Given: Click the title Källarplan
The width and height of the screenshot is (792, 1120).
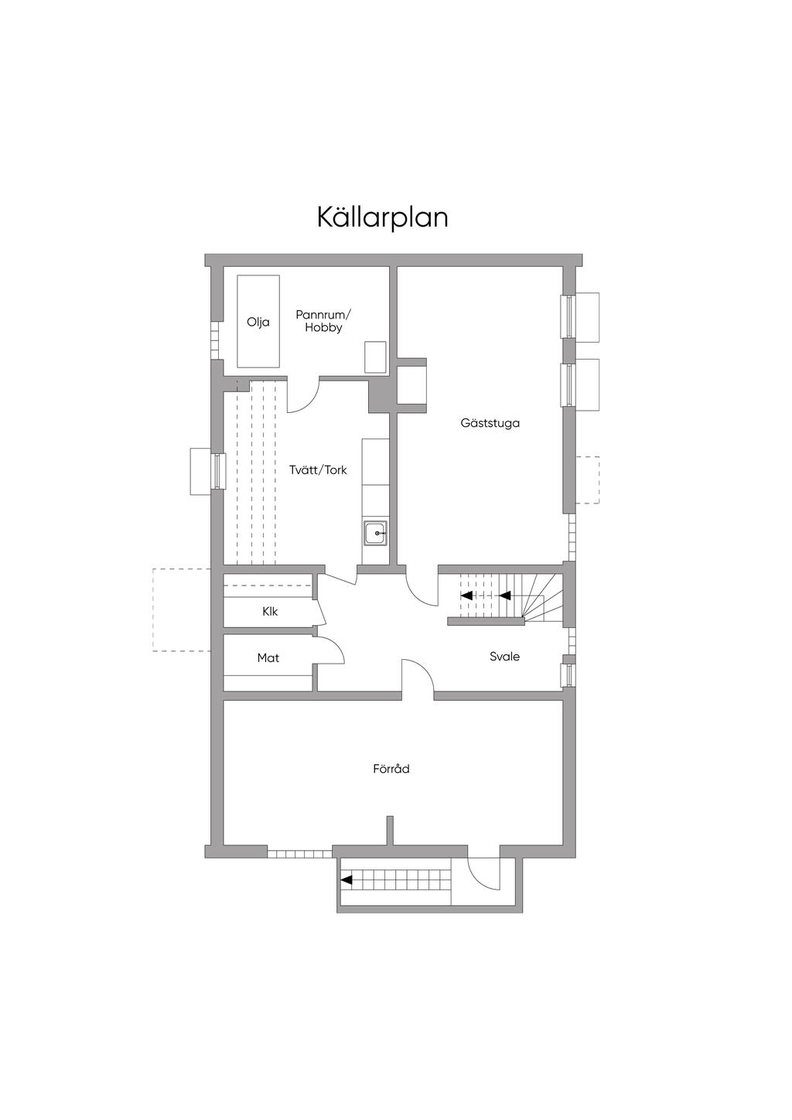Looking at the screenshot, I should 382,217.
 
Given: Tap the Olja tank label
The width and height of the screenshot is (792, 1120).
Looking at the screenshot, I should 258,323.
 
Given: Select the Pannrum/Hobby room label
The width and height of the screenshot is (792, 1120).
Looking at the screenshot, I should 323,321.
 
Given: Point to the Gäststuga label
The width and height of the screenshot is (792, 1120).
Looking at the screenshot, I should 490,423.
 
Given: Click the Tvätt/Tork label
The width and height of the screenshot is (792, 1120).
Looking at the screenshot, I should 318,470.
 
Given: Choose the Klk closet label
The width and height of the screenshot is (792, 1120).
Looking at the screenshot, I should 270,611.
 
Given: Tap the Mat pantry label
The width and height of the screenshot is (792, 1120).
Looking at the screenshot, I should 268,657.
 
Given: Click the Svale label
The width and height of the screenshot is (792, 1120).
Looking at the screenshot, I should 504,656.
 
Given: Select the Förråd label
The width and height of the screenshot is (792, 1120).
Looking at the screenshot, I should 391,769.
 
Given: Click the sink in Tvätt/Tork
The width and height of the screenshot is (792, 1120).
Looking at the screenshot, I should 376,533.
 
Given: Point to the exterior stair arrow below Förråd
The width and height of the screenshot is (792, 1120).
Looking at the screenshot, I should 347,879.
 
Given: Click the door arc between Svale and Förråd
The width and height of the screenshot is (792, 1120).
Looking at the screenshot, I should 418,674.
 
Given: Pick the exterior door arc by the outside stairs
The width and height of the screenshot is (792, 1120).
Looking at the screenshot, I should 483,874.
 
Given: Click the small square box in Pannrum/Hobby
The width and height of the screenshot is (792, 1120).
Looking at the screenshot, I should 375,357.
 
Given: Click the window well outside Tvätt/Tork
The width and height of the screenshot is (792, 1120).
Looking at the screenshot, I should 200,471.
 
